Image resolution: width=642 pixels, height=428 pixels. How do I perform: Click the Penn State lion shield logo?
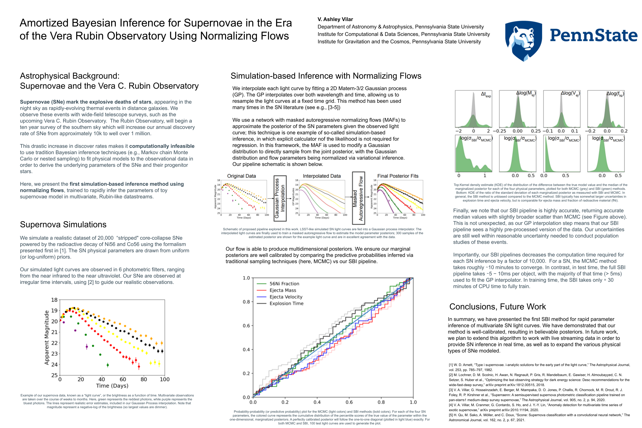[x=523, y=40]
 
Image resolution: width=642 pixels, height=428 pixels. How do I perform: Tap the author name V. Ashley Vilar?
[x=335, y=19]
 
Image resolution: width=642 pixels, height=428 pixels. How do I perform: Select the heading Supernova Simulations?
[x=63, y=224]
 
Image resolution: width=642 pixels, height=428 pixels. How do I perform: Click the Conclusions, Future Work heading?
[x=497, y=306]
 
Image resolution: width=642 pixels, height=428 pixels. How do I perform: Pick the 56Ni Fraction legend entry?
[x=284, y=284]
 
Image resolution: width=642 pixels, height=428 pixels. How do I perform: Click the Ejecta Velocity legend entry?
[x=286, y=297]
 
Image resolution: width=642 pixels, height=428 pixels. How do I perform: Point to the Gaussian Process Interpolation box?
[x=280, y=198]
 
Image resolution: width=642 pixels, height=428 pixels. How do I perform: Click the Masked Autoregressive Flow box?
[x=358, y=198]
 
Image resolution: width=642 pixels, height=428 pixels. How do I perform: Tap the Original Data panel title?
[x=241, y=176]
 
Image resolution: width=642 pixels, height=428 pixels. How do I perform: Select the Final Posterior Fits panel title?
[x=398, y=176]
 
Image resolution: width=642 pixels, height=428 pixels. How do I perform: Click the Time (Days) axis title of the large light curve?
[x=112, y=386]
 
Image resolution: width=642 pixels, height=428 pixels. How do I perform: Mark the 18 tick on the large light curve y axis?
[x=54, y=300]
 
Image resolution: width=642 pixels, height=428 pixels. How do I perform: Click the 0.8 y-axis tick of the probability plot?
[x=246, y=302]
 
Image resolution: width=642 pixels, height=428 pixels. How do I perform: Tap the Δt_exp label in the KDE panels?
[x=485, y=94]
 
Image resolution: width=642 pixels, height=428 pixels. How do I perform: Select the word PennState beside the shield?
[x=593, y=35]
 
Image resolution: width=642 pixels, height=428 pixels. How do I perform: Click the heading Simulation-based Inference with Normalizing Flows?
[x=326, y=76]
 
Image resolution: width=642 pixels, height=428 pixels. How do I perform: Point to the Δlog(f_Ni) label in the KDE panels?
[x=615, y=94]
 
